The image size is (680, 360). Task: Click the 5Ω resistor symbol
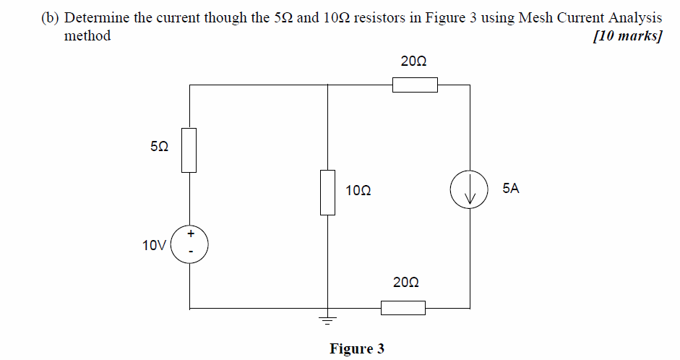point(189,150)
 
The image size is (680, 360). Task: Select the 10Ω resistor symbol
point(328,192)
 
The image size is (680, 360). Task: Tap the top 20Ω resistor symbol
point(415,85)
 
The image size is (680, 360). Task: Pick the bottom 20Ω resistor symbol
point(403,308)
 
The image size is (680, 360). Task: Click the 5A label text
point(510,189)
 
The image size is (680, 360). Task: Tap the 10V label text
point(154,245)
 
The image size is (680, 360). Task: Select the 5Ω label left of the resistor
point(159,146)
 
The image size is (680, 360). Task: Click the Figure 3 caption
point(357,349)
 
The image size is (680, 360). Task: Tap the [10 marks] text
point(627,36)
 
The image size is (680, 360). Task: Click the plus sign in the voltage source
point(191,233)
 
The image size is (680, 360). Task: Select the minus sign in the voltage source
point(191,252)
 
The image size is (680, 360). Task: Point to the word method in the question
point(87,36)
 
